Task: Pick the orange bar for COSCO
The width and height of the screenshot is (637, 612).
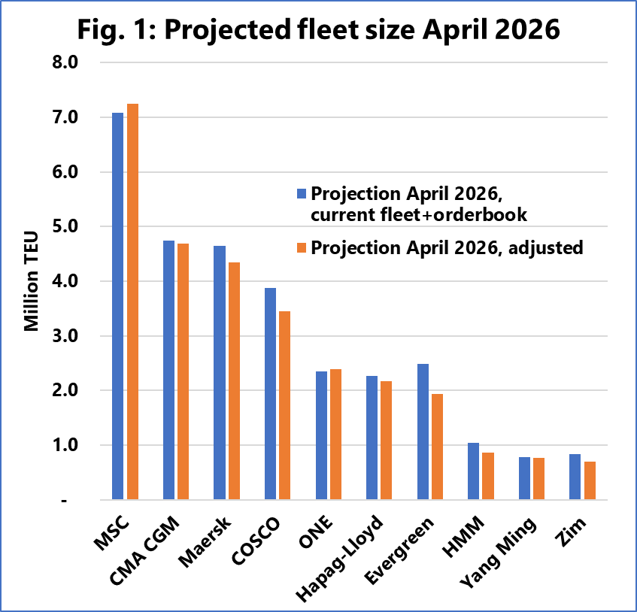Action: point(284,405)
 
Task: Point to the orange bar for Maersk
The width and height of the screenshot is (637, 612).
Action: point(234,380)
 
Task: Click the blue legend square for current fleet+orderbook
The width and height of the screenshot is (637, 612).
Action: point(302,193)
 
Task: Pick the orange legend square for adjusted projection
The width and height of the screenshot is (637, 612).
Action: point(302,247)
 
